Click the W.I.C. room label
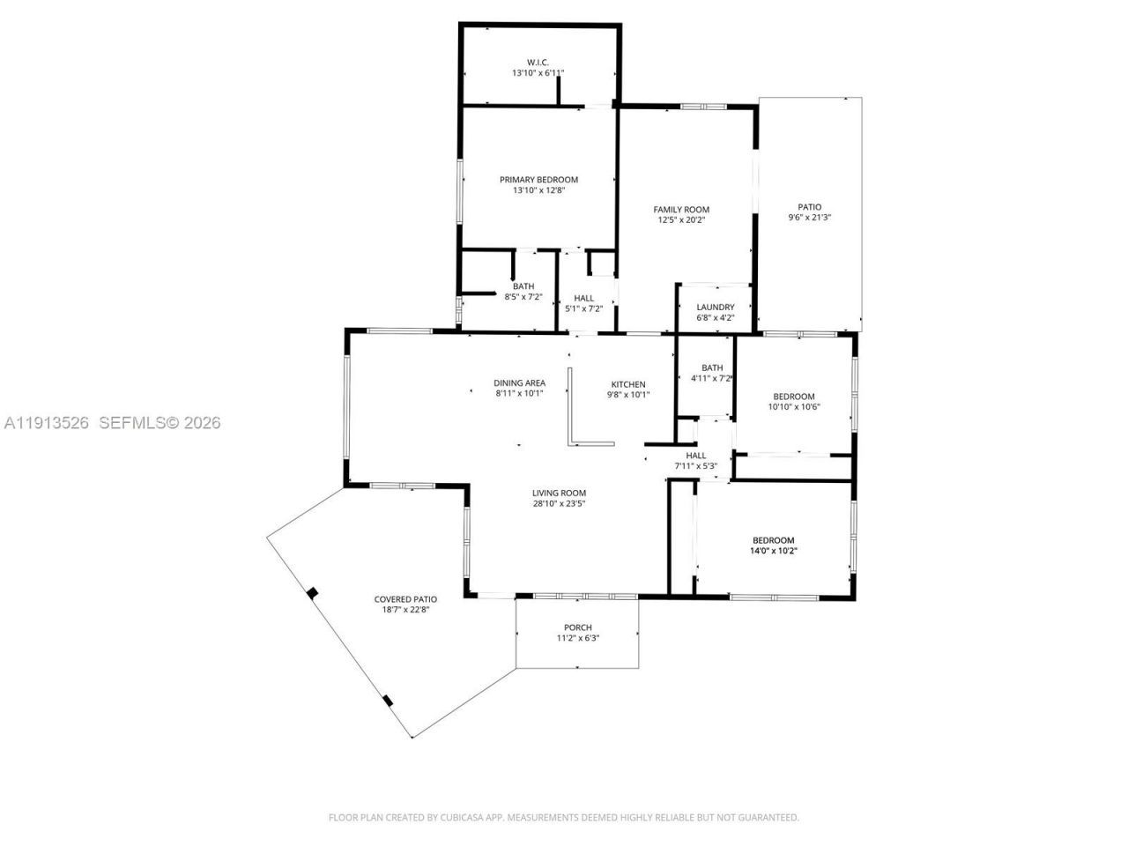pos(538,62)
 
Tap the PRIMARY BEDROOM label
pos(538,180)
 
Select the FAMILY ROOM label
pos(681,210)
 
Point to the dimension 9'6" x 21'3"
pos(809,218)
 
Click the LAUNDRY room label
pos(715,308)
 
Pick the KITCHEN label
pos(628,384)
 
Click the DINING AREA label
pos(519,382)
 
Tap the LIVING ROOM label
pos(559,493)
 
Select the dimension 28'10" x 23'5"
pos(559,504)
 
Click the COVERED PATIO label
pos(405,599)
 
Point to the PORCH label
pos(578,627)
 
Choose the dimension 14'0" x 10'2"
pos(773,551)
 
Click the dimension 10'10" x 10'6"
pos(793,407)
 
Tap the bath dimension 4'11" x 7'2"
pos(712,378)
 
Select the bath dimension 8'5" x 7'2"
pos(523,297)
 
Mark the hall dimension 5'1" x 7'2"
pos(583,308)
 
